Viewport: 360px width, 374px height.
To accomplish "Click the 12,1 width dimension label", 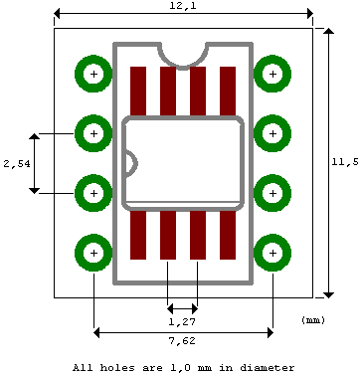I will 182,7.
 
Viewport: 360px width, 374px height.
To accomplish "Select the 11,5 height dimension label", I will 348,162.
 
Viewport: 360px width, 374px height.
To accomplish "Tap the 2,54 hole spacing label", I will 14,162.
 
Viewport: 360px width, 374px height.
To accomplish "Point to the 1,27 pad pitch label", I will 181,322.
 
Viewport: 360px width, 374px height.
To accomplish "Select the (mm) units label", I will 313,320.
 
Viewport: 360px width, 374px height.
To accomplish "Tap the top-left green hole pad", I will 93,74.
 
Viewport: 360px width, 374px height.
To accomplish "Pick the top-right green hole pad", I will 271,74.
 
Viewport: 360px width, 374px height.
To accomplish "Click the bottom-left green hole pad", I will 93,253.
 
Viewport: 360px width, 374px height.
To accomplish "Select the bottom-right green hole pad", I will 271,253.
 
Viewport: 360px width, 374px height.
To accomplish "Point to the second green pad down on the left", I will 93,132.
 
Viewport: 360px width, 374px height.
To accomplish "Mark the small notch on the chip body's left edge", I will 128,162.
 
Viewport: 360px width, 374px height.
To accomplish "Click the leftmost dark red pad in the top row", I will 138,91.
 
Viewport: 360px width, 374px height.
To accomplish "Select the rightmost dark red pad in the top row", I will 228,91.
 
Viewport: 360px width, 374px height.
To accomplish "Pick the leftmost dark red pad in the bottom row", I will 138,235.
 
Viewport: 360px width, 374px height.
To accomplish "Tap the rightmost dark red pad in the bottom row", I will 228,235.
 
